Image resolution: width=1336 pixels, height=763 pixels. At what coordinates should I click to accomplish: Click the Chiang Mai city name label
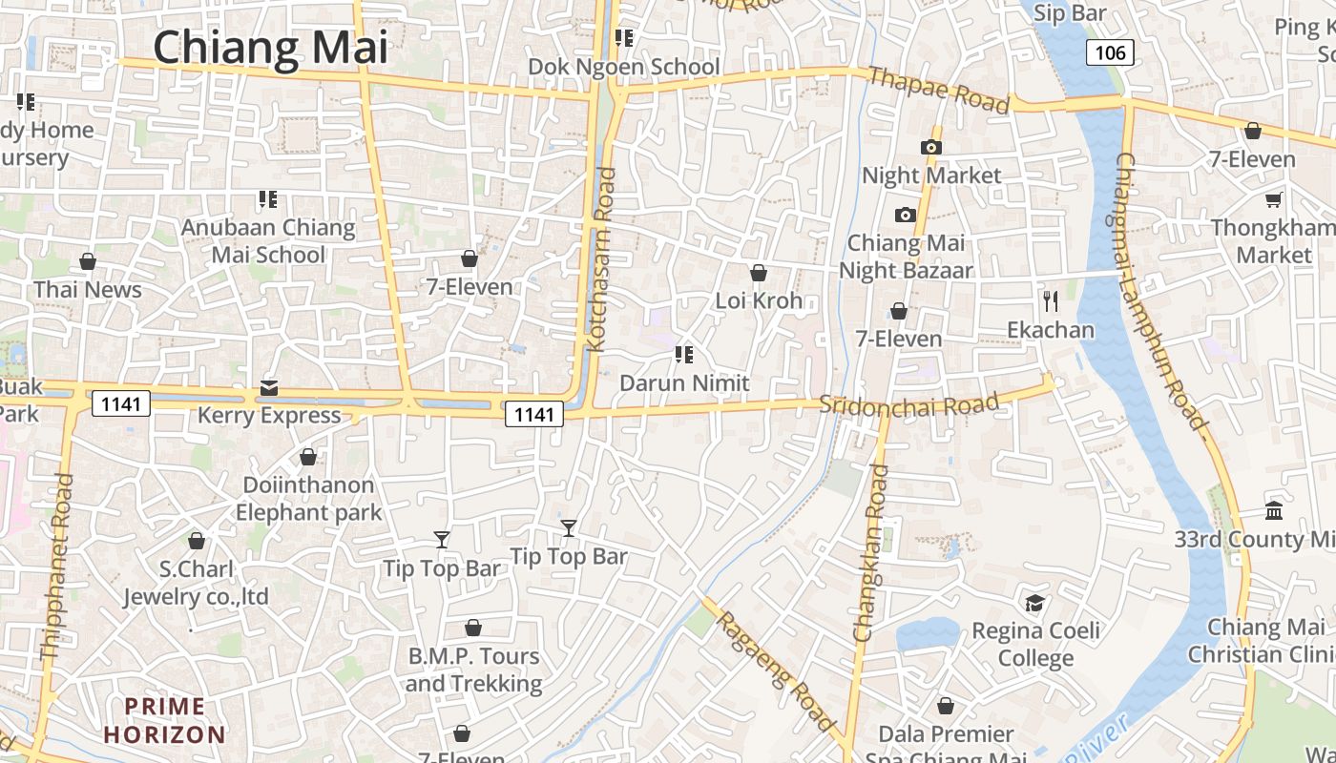(270, 48)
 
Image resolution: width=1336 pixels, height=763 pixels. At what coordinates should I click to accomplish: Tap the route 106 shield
(1110, 52)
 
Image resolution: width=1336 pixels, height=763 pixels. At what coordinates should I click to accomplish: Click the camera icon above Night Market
(930, 147)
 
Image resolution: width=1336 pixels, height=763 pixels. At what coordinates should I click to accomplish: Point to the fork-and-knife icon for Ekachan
(1051, 301)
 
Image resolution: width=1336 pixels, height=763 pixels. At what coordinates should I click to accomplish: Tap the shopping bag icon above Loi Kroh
(759, 274)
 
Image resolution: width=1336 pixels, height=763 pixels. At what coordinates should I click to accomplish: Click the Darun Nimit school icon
(683, 355)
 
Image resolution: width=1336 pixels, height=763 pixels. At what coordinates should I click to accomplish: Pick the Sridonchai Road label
(908, 404)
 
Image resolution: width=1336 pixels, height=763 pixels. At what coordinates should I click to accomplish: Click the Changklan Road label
(872, 553)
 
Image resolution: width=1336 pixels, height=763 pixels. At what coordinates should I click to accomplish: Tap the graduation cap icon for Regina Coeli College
(1034, 603)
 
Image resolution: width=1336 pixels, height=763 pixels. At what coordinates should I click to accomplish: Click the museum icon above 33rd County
(1273, 511)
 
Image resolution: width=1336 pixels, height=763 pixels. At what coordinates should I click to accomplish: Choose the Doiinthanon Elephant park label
(308, 498)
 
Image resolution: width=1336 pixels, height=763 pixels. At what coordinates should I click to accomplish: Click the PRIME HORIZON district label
(165, 720)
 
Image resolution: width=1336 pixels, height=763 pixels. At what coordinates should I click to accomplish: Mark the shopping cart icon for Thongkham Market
(1273, 199)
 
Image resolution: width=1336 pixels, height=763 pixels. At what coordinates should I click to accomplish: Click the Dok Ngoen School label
(624, 67)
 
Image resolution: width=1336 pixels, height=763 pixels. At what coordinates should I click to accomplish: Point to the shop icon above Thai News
(88, 261)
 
